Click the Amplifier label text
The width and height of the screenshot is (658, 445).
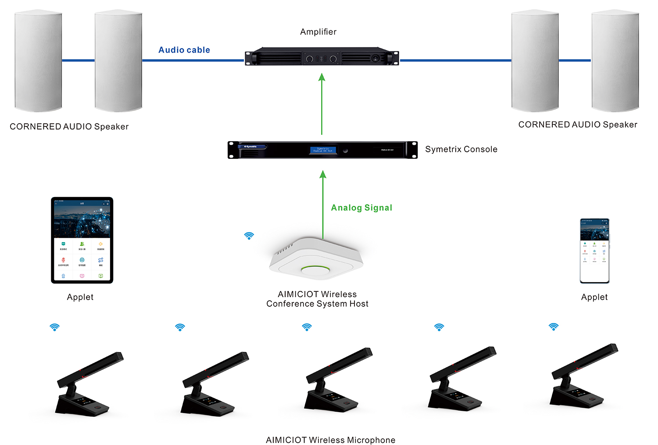tap(318, 32)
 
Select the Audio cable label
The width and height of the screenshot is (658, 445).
tap(184, 50)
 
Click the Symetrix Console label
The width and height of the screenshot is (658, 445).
tap(461, 149)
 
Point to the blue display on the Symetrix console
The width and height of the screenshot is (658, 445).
tap(323, 150)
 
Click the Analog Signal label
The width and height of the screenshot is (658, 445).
tap(361, 208)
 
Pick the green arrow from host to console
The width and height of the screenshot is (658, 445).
tap(323, 205)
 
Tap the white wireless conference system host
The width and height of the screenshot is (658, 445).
tap(316, 259)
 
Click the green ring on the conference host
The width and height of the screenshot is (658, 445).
tap(315, 268)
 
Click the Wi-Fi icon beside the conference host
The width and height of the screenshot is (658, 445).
tap(249, 236)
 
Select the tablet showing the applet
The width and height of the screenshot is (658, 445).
tap(82, 240)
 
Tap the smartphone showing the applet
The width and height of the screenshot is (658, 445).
tap(594, 251)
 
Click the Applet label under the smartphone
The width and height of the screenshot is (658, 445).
tap(594, 297)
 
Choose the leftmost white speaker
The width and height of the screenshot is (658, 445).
tap(38, 61)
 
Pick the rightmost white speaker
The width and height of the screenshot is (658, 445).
tap(615, 61)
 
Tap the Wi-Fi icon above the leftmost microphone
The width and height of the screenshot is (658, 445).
tap(54, 327)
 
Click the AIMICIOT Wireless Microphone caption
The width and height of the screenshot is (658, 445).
tap(330, 440)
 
